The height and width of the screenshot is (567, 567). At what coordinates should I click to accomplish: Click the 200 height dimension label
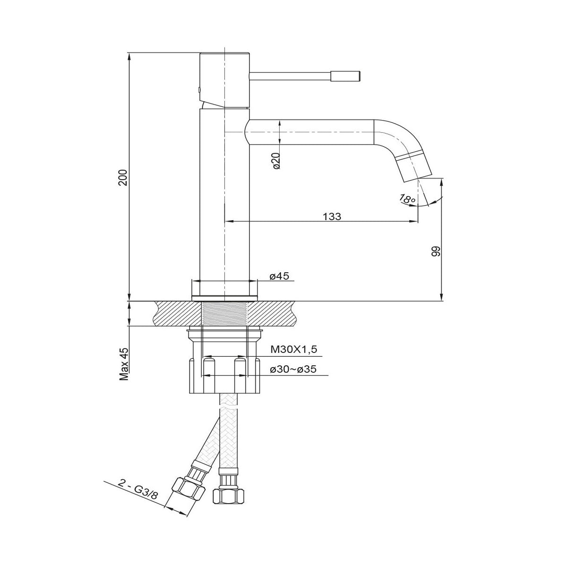[x=123, y=178]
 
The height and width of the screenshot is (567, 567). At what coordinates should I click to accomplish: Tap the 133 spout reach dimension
[x=332, y=216]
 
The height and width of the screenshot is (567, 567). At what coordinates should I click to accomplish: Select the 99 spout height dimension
[x=436, y=251]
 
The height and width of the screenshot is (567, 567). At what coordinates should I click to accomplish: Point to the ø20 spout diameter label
[x=276, y=161]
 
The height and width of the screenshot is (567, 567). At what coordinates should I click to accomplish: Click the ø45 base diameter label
[x=279, y=275]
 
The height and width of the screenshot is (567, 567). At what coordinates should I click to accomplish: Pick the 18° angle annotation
[x=407, y=199]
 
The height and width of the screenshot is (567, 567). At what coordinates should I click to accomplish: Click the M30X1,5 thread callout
[x=294, y=349]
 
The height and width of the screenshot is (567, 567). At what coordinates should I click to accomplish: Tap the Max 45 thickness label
[x=124, y=364]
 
